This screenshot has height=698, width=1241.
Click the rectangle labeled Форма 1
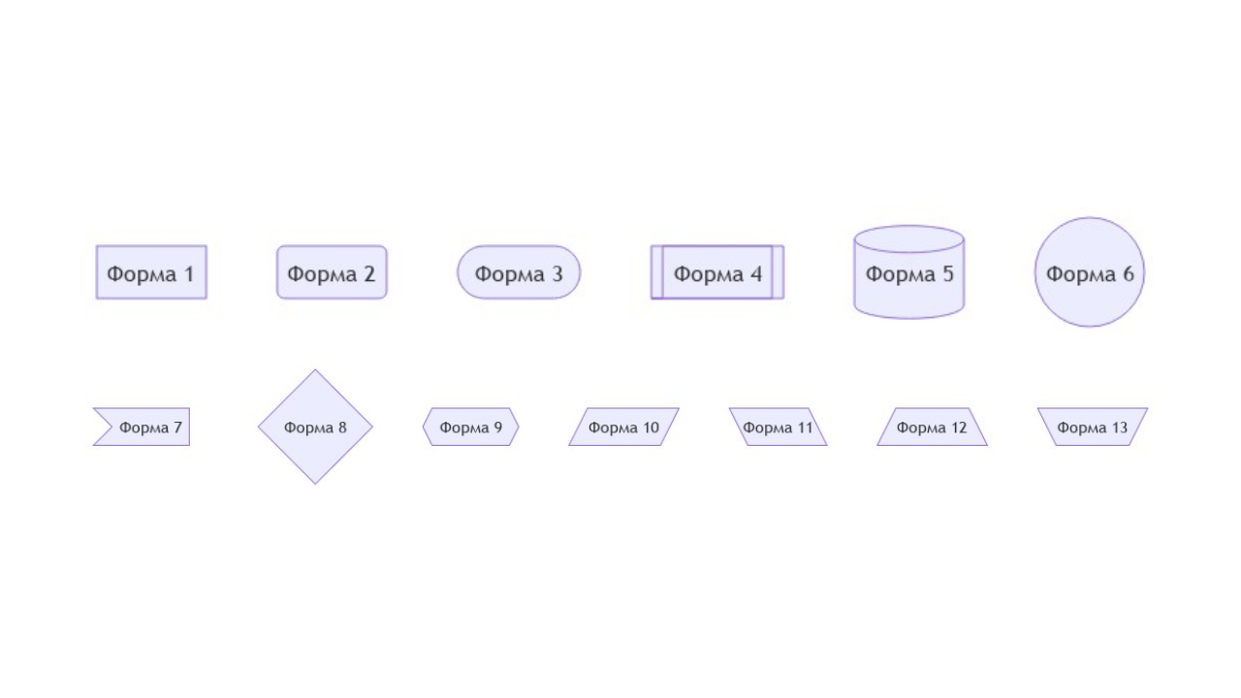[151, 272]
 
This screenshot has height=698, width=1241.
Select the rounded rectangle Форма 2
[332, 272]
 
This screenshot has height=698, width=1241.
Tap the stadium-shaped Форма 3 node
[519, 272]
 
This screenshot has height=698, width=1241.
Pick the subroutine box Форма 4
[717, 272]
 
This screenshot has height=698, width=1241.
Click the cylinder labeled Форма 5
[908, 276]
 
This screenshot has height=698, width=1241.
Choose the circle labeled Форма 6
[1090, 272]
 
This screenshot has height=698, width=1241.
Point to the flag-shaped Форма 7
[145, 427]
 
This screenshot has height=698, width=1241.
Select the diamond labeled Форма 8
[315, 427]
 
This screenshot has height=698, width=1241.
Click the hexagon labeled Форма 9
[471, 427]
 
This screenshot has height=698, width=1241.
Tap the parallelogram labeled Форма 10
[623, 427]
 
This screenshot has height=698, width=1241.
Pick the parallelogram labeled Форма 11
[778, 427]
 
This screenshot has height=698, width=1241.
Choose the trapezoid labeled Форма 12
[932, 427]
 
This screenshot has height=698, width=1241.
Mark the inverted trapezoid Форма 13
[1093, 427]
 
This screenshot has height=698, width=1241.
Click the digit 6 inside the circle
[1128, 274]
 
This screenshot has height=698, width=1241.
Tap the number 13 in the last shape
[1119, 428]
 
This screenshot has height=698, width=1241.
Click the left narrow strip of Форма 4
[656, 272]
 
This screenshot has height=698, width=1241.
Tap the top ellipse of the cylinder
[908, 238]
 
